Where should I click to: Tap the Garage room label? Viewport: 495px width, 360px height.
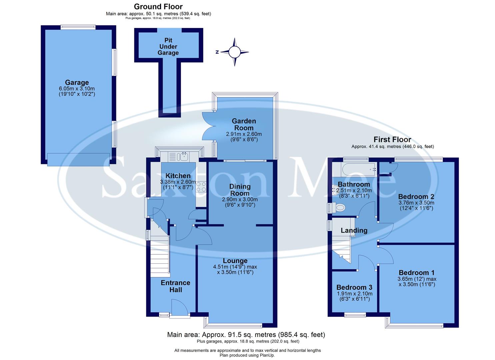coord(77,82)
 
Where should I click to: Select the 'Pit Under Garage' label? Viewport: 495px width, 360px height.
coord(168,47)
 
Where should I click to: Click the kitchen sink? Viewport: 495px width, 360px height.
coord(179,156)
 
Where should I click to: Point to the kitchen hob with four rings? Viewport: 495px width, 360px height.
coord(201,186)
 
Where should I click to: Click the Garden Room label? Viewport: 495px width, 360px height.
coord(244,125)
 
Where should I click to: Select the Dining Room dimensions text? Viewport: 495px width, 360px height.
coord(240,202)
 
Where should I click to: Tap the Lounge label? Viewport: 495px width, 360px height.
coord(235,261)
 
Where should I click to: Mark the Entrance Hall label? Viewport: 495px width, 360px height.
coord(175,286)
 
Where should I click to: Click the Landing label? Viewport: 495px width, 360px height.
coord(354,230)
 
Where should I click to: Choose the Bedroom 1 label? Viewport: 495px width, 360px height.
coord(417,273)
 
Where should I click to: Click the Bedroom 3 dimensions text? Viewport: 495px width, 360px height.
coord(354,296)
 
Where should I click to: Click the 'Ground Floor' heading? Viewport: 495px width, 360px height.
coord(158,6)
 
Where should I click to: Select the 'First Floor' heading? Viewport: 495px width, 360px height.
coord(392,139)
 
